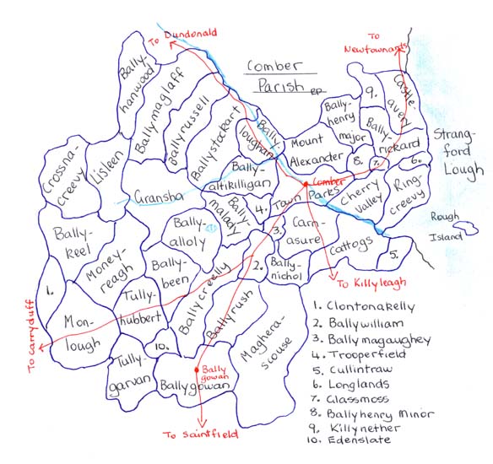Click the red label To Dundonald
point(178,35)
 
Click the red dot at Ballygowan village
point(197,369)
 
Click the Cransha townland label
point(158,197)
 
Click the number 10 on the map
point(162,348)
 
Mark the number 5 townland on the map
point(394,253)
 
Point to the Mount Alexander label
point(314,148)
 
